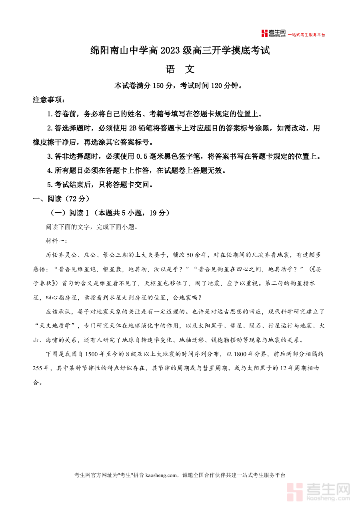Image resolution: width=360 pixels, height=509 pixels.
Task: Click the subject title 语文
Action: coord(180,69)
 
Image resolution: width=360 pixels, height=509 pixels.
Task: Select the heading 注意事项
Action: coord(48,100)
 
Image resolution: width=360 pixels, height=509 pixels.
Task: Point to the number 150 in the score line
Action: coord(158,86)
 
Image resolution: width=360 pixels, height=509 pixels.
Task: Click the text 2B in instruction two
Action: coord(133,128)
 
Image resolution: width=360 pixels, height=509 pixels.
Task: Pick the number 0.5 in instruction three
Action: coord(142,156)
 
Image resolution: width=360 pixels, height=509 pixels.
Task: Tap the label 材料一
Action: coord(56,241)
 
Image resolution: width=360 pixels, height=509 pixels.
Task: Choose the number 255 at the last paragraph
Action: coord(39,368)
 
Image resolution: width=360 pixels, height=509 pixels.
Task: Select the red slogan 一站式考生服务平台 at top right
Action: coord(307,35)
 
